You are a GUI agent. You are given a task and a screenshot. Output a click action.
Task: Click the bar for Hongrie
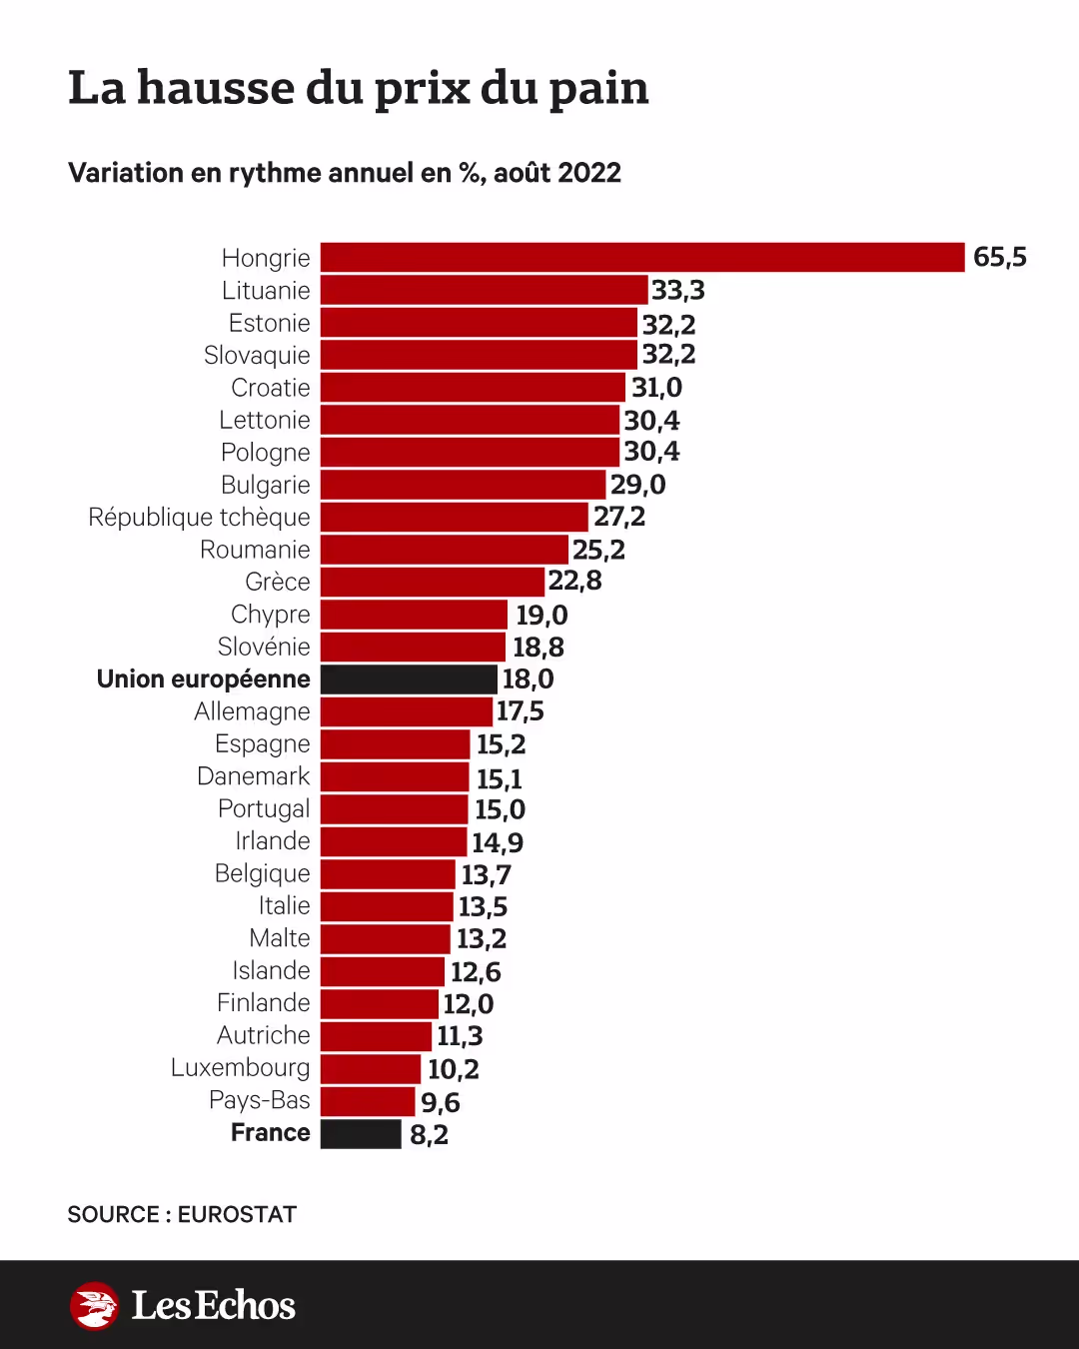[642, 257]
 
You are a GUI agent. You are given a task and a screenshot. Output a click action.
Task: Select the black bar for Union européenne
[409, 679]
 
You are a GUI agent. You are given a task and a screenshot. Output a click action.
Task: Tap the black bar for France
[361, 1134]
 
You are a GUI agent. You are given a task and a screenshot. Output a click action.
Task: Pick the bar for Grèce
[433, 582]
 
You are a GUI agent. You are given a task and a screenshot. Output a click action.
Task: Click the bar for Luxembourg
[371, 1068]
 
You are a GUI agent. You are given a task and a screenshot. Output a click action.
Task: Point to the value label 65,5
[999, 257]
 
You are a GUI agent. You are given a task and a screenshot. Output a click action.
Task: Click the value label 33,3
[678, 290]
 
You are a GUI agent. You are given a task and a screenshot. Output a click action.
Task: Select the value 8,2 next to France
[429, 1135]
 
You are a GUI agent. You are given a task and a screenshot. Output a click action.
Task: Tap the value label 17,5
[521, 711]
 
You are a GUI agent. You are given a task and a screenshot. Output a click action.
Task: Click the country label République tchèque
[199, 518]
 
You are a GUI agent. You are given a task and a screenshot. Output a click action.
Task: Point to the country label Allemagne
[252, 711]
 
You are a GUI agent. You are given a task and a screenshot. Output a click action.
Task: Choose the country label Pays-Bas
[260, 1100]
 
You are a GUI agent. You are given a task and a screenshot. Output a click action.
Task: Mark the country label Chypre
[270, 615]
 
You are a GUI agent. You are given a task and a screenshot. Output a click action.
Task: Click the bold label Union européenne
[203, 679]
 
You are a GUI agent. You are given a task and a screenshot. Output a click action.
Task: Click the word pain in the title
[598, 88]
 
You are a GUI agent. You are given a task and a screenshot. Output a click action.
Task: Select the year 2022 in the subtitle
[589, 173]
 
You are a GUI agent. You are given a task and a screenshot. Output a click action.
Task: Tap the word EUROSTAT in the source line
[237, 1215]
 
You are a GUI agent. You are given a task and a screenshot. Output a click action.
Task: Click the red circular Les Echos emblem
[95, 1305]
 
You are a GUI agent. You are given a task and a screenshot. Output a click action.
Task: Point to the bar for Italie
[387, 906]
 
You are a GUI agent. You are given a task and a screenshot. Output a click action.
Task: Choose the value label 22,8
[574, 581]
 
